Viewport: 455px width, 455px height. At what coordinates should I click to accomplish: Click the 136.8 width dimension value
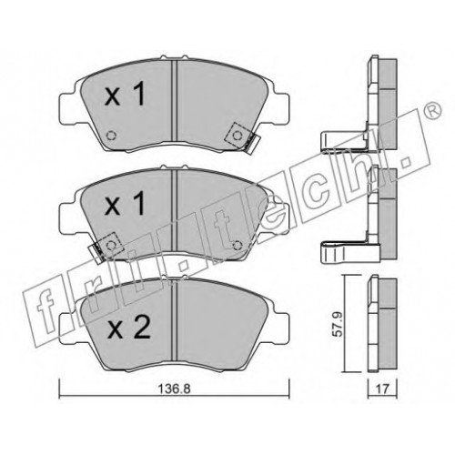coord(175,388)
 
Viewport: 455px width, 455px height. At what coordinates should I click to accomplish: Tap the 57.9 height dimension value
coord(337,324)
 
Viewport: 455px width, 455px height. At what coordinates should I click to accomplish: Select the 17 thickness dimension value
coord(382,389)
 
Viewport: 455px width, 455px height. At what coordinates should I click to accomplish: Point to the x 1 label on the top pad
coord(125,95)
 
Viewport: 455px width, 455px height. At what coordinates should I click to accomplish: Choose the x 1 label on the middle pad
coord(125,204)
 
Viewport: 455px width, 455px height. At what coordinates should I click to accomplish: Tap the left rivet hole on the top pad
coord(112,136)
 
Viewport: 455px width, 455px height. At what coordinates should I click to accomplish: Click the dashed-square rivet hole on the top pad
coord(237,136)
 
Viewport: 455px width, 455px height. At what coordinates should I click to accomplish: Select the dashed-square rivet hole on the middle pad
coord(111,245)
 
